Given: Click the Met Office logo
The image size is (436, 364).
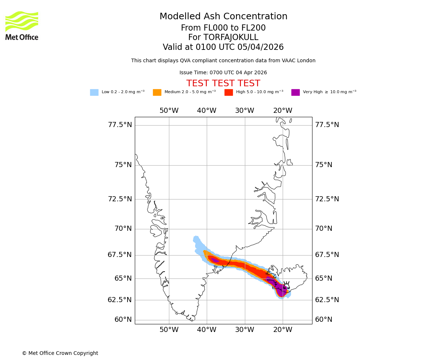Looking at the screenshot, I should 22,25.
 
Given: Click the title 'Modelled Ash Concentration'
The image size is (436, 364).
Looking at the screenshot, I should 223,17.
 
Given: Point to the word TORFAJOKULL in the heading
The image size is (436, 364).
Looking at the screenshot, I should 231,37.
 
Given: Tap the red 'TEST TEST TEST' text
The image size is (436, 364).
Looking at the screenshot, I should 223,84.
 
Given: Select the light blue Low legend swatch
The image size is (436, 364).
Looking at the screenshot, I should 94,92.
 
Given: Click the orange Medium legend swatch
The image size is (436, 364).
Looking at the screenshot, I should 157,92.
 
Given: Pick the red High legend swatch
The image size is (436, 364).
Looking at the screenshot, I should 229,92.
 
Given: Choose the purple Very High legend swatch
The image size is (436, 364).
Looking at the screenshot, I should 295,92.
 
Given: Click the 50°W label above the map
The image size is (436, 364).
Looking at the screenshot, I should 169,111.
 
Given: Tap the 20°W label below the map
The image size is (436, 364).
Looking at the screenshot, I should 283,330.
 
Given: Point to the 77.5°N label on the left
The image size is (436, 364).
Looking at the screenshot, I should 120,125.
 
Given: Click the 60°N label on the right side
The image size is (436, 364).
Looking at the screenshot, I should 324,320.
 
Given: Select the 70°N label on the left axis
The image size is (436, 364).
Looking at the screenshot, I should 123,229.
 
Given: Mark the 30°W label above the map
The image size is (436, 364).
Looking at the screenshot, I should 245,111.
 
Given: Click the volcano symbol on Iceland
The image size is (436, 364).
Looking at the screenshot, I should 286,285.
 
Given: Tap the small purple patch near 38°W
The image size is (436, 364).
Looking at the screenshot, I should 215,260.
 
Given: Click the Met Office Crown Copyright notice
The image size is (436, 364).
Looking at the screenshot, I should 60,353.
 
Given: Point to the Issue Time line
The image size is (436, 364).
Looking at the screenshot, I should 223,73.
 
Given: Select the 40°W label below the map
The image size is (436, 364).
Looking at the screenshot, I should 207,330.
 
